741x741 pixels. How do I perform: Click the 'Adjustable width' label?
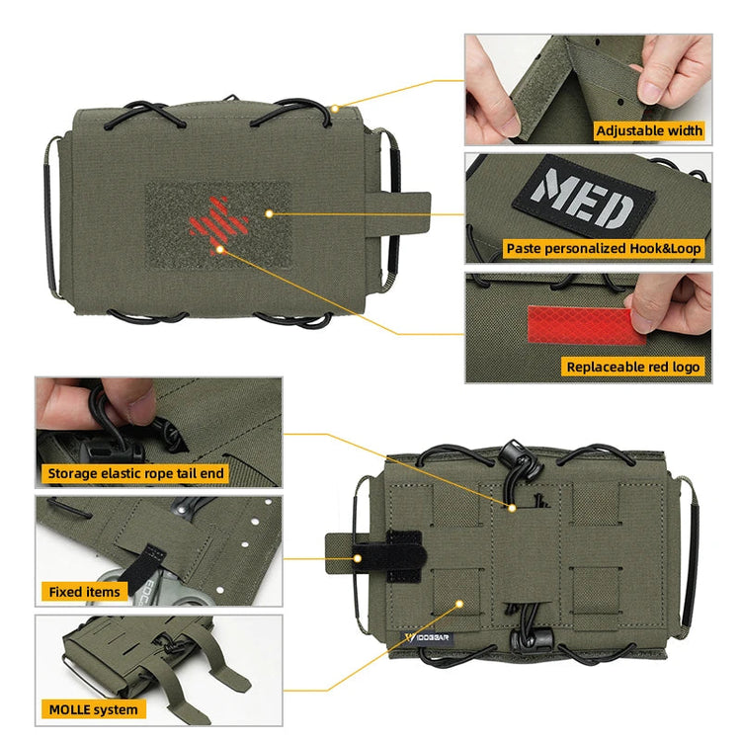[649, 130]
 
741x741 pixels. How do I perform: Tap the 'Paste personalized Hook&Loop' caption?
[604, 249]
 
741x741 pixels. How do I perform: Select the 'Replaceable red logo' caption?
[633, 367]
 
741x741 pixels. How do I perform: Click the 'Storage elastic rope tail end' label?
[135, 473]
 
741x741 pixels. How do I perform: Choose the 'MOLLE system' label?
[93, 709]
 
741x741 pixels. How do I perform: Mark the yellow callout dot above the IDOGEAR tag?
[458, 602]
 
